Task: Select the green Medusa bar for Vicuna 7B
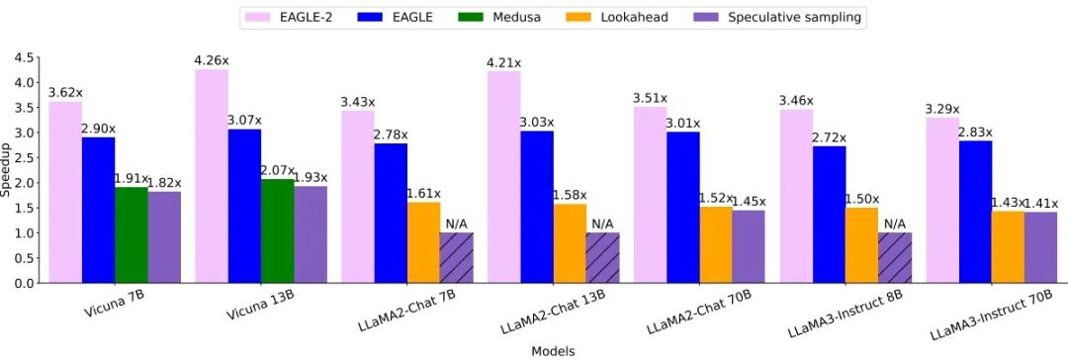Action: [131, 234]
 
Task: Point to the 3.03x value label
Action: [537, 122]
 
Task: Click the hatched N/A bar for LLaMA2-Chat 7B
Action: [456, 258]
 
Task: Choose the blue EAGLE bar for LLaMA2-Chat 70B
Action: [682, 207]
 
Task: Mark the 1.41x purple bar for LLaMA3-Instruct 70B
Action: [1039, 247]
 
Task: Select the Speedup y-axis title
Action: [7, 170]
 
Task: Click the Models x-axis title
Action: [554, 350]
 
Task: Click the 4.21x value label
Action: [503, 63]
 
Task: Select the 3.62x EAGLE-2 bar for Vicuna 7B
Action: [65, 192]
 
